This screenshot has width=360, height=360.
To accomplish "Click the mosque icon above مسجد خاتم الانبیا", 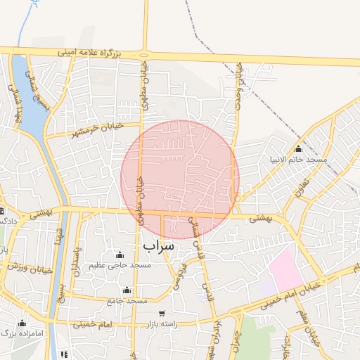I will [x=298, y=148].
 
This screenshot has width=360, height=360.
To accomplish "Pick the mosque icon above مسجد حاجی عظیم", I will [x=119, y=255].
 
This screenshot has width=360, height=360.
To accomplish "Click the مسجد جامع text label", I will [x=127, y=301].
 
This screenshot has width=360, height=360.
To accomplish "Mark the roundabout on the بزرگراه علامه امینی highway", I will [x=145, y=55].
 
